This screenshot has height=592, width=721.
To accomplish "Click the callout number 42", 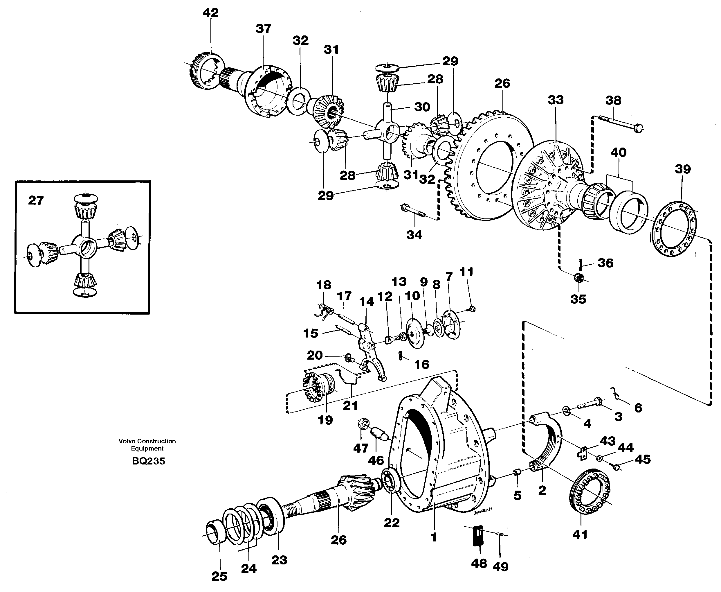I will point(210,13).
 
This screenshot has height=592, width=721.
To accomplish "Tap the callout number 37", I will point(263,29).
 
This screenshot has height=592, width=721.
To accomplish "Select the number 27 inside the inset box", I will point(36,200).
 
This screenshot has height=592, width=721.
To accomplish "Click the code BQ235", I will point(148,461).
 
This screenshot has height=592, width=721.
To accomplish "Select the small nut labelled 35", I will point(578,278).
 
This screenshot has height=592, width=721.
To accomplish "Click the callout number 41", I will point(580,534).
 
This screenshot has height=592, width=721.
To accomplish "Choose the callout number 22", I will point(392,523).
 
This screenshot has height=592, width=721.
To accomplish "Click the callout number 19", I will point(325,420).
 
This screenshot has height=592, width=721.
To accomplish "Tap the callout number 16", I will point(421,365).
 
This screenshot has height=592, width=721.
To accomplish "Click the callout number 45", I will point(643,459).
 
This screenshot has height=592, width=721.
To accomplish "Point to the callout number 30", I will point(422,107).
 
